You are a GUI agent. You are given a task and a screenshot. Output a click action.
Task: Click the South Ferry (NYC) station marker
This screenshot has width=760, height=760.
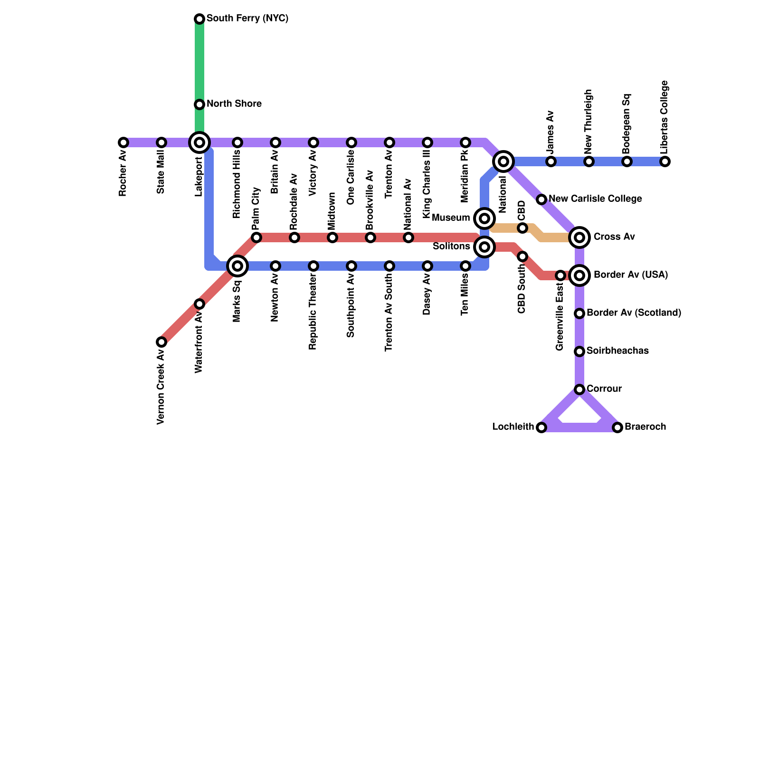coord(199,19)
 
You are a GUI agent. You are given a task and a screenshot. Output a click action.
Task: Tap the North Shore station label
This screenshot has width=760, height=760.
coord(234,104)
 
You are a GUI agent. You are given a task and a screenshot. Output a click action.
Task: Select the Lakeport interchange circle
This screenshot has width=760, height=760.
coord(199,142)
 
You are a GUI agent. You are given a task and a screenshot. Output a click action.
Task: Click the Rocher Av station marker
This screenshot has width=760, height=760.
coord(123,142)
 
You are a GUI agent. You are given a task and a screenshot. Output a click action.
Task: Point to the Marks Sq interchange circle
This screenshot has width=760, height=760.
coord(237,266)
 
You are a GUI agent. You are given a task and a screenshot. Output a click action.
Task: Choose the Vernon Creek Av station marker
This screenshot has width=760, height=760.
coord(161,342)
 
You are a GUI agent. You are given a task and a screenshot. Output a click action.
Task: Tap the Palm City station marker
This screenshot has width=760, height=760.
coord(256,237)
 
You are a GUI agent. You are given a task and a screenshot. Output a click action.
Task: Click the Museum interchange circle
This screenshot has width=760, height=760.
coord(484,218)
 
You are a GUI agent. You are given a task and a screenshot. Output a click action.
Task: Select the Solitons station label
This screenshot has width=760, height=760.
coord(451,247)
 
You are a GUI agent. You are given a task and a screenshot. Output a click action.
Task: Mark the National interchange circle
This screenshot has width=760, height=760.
coord(503,161)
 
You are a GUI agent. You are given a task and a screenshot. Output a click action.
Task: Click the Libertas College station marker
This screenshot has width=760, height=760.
coord(665,161)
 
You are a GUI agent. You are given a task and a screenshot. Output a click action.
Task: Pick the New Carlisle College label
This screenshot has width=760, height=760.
coord(595,199)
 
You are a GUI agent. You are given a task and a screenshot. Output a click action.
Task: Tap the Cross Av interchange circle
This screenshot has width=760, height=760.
coord(579,237)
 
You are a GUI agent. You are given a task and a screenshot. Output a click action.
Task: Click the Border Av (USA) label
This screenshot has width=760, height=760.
coord(631,275)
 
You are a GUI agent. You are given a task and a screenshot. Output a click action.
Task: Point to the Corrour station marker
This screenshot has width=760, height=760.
coord(579,389)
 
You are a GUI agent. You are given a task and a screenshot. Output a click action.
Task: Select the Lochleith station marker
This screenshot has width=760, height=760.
coord(541,427)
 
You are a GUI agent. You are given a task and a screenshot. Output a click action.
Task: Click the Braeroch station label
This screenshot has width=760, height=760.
coord(645,427)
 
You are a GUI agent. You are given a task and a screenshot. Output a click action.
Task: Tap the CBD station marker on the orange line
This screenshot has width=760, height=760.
coord(522,228)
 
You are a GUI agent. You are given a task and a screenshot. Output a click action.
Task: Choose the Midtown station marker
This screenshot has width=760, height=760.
coord(332,237)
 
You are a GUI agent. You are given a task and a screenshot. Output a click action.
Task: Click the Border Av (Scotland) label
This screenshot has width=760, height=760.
coord(634,313)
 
